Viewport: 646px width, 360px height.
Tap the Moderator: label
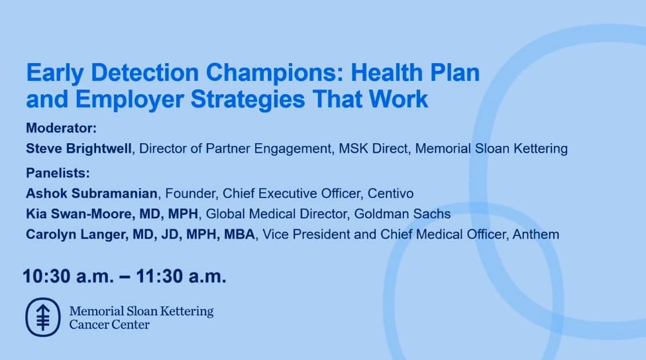coord(62,128)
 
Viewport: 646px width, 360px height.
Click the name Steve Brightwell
coord(79,149)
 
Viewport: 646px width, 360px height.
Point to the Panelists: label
coord(58,173)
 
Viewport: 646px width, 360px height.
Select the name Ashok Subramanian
coord(91,194)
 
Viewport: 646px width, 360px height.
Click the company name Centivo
coord(390,194)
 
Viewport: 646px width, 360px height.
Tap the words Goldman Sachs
coord(403,213)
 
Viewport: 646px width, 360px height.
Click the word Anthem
coord(535,234)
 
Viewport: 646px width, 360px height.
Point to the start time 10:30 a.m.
coord(68,276)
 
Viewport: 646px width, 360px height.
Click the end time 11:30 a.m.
coord(182,276)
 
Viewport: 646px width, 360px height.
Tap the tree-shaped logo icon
coord(43,317)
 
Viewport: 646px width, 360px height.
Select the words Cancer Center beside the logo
coord(109,325)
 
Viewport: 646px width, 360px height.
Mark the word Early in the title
coord(55,74)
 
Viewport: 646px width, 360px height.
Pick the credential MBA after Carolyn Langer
coord(239,234)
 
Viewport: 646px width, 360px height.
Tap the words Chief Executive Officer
coord(292,194)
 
